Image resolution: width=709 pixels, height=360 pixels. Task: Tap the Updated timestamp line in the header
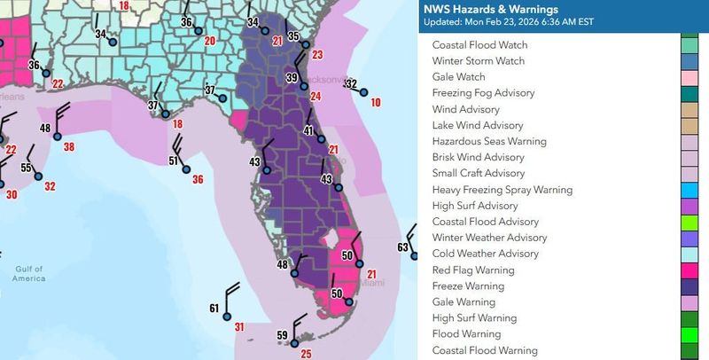(515, 22)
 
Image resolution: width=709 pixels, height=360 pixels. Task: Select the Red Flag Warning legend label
(473, 270)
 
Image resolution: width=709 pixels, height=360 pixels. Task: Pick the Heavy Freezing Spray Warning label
(502, 190)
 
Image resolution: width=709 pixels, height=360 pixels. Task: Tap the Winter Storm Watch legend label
(478, 61)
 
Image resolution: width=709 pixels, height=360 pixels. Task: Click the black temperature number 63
(403, 247)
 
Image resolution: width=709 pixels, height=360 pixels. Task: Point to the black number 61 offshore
(214, 308)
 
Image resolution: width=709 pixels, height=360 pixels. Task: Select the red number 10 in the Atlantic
(376, 103)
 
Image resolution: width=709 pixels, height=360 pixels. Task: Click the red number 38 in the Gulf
(69, 146)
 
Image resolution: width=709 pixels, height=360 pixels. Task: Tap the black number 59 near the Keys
(283, 335)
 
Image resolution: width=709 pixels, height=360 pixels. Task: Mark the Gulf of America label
(29, 273)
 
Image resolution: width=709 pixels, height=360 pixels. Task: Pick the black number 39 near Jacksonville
(292, 78)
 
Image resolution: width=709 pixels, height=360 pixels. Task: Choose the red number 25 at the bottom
(307, 355)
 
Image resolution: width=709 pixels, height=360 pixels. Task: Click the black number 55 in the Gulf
(27, 168)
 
